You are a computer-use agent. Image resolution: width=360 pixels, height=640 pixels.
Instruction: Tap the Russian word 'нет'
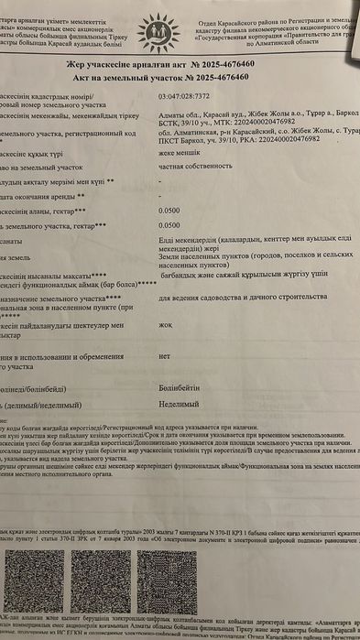click(x=164, y=354)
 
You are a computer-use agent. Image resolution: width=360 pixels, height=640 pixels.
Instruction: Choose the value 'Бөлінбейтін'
click(x=178, y=390)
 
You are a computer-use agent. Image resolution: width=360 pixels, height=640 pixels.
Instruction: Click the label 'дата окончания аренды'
click(x=37, y=196)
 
